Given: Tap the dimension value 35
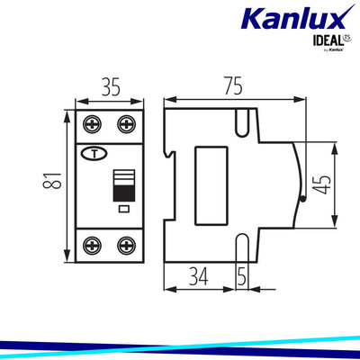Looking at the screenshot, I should point(110,88).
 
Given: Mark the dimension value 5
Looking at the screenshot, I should point(241,276).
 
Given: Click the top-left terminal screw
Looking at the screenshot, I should point(92,123).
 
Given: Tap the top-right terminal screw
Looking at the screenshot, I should point(125,123).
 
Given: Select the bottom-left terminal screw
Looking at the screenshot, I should point(92,244).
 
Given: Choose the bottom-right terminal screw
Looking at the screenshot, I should point(125,244).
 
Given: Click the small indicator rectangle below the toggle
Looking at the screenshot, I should point(121,210).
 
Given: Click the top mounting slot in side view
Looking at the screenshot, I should point(240,120).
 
